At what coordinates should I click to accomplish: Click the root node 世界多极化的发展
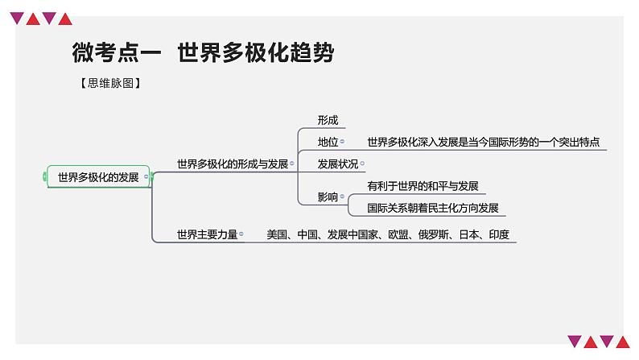click(x=98, y=177)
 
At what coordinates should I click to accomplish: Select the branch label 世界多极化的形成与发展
click(x=233, y=164)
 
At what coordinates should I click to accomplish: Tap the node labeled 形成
click(x=328, y=120)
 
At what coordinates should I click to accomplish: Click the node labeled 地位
click(x=328, y=142)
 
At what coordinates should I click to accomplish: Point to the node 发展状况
click(x=338, y=164)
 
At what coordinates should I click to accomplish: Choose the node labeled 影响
click(x=328, y=197)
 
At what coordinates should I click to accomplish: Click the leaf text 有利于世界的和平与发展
click(x=423, y=186)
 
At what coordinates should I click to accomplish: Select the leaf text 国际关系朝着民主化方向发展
click(x=433, y=208)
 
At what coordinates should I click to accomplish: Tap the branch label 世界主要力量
click(x=207, y=234)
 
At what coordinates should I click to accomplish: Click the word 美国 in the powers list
click(x=277, y=234)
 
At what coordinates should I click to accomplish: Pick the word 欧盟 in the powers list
click(x=398, y=234)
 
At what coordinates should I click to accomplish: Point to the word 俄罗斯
click(x=434, y=234)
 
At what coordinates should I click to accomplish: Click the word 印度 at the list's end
click(x=499, y=234)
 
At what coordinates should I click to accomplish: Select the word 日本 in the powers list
click(x=469, y=234)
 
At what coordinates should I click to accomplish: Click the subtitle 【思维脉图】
click(x=110, y=83)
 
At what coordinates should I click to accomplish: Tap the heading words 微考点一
click(x=117, y=52)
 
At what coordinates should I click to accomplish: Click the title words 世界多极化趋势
click(x=256, y=52)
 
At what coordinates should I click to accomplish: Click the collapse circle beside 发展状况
click(x=362, y=164)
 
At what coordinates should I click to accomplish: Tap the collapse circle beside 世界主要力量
click(x=241, y=234)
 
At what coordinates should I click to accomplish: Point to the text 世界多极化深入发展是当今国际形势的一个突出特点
click(x=484, y=142)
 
